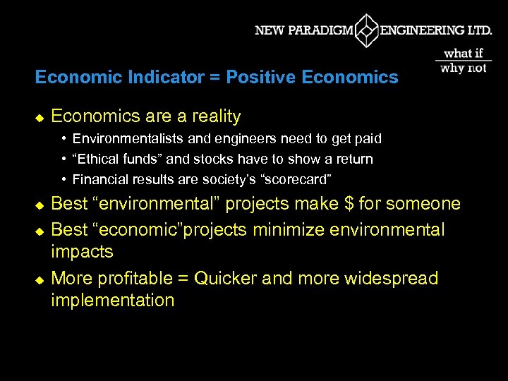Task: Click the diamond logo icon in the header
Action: point(366,30)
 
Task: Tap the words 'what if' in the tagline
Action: point(464,53)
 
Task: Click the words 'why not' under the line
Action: point(464,68)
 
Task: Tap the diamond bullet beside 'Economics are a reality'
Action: point(40,117)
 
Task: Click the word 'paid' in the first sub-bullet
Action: point(368,139)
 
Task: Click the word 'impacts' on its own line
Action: point(82,253)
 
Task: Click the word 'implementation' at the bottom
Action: point(112,301)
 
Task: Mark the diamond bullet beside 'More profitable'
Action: point(40,279)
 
